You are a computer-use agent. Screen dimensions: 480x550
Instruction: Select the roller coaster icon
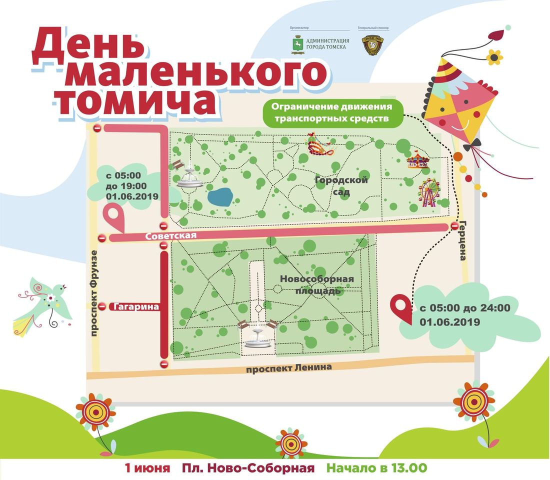click(x=320, y=144)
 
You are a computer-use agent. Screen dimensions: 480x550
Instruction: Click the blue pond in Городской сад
click(x=219, y=197)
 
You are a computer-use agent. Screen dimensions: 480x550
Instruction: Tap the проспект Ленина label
click(x=288, y=367)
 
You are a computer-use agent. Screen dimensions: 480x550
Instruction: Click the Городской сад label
click(x=341, y=186)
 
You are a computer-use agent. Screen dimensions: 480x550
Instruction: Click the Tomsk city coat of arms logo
click(x=297, y=46)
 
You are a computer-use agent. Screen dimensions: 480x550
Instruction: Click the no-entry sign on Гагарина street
click(x=102, y=306)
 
